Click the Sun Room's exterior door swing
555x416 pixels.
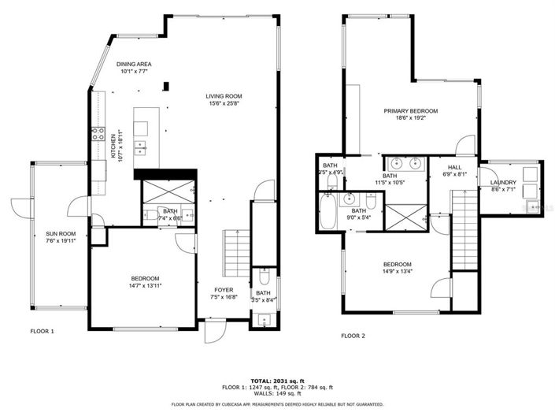click(17, 207)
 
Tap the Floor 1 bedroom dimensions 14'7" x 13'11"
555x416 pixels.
click(144, 286)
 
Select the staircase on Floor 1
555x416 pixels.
click(234, 251)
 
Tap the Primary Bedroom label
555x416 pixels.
click(410, 111)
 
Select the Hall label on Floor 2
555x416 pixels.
click(455, 167)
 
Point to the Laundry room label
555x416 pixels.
click(503, 183)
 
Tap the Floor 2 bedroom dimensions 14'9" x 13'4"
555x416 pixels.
click(397, 272)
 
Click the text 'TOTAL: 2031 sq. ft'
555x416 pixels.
click(276, 380)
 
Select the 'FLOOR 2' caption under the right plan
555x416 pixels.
click(353, 335)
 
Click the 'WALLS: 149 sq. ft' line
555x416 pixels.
click(276, 394)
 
